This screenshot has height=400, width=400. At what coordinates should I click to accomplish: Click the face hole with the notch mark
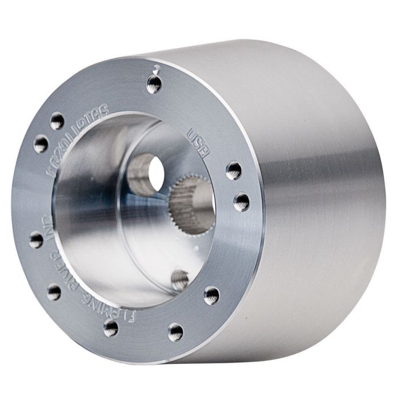point(154,85)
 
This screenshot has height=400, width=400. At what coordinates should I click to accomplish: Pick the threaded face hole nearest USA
point(234,169)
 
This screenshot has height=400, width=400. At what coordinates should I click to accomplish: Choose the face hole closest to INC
point(37,240)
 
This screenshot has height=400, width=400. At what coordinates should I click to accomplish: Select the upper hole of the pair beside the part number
point(57,121)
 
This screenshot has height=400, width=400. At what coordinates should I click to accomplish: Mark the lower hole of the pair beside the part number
point(41,143)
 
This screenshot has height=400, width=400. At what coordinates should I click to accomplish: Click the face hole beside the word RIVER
point(54,293)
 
